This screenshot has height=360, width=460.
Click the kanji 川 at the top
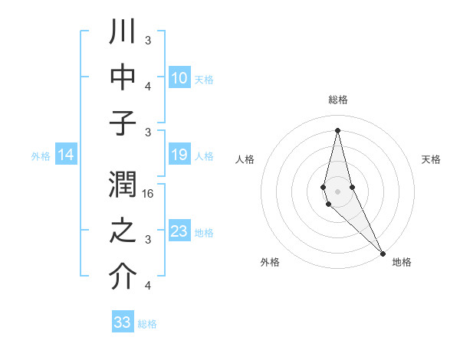[x=123, y=33]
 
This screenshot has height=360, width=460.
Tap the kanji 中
[x=123, y=78]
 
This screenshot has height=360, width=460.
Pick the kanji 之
[x=123, y=233]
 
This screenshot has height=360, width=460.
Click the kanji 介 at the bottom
[x=123, y=277]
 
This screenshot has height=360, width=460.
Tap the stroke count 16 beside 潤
[x=149, y=195]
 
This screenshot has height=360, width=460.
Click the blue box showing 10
[x=179, y=78]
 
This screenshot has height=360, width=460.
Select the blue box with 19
[x=179, y=155]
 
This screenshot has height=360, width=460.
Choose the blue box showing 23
[x=179, y=231]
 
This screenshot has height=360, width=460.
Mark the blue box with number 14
[x=65, y=155]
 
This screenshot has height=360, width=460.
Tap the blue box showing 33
[x=122, y=322]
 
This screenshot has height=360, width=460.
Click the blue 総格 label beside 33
[x=147, y=324]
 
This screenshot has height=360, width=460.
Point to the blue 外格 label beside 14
[x=41, y=156]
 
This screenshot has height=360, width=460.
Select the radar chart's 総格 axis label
[x=337, y=100]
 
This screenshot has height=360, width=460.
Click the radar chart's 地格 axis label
[x=402, y=262]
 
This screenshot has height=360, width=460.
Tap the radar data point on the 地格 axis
[x=383, y=252]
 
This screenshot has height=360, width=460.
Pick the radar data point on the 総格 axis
[x=337, y=129]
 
